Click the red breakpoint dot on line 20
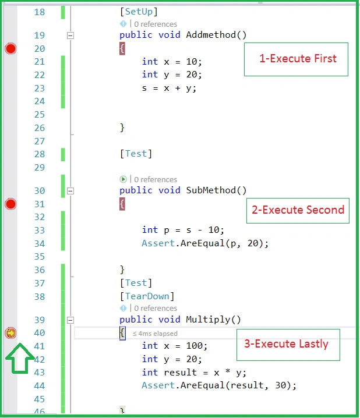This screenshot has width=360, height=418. (10, 48)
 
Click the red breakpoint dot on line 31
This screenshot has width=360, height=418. (10, 204)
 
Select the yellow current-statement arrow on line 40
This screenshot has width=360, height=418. (10, 333)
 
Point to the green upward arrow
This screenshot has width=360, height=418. (20, 359)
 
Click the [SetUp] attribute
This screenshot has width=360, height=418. (139, 12)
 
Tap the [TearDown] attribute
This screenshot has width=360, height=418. (147, 296)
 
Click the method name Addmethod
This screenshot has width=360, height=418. (211, 35)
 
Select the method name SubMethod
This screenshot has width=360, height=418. (211, 190)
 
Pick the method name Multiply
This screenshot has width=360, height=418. (208, 320)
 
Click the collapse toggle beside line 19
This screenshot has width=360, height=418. (70, 35)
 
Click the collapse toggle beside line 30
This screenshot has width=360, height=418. (70, 191)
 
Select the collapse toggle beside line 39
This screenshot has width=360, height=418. (70, 320)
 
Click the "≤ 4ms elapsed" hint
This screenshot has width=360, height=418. (155, 334)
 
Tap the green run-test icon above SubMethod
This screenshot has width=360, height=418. (123, 179)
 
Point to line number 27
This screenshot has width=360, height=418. (40, 141)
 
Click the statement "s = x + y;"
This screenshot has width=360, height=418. (169, 88)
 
